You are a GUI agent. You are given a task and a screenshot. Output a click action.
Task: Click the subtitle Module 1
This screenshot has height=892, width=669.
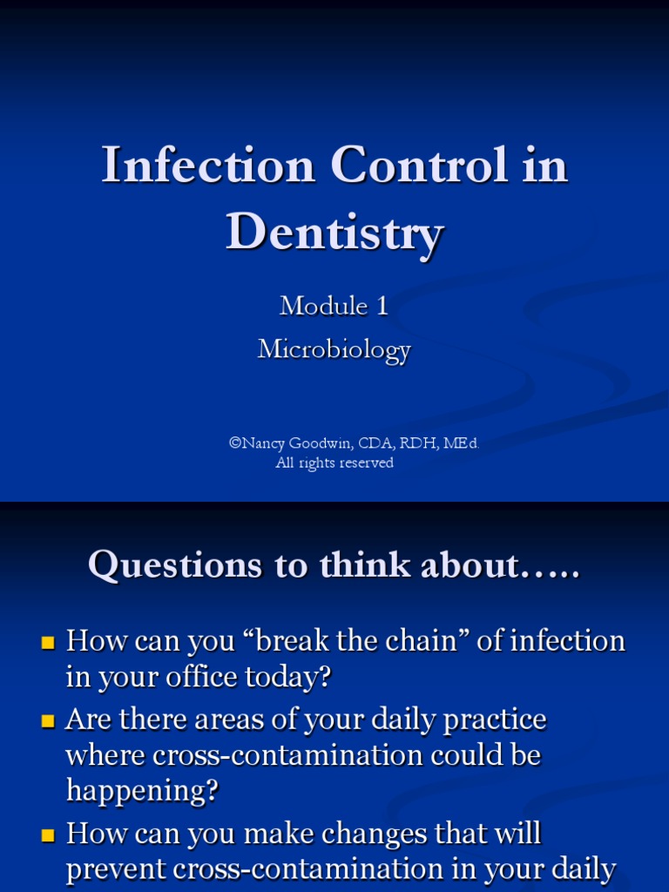(334, 306)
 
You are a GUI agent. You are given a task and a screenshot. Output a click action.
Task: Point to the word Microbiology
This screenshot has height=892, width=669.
(334, 350)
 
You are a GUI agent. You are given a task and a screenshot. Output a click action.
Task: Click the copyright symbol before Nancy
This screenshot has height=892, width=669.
(234, 443)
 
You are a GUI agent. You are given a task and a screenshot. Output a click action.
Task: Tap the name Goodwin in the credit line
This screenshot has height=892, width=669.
(317, 443)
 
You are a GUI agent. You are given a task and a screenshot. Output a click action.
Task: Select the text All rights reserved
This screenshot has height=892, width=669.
(334, 463)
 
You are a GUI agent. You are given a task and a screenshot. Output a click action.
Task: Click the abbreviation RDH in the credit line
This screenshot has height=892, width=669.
(418, 443)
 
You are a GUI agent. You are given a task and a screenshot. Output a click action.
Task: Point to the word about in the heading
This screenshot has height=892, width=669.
(471, 565)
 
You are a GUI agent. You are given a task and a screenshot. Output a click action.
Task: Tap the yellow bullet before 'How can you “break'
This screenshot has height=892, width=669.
(48, 644)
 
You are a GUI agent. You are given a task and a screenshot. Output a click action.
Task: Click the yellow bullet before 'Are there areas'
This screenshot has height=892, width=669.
(48, 722)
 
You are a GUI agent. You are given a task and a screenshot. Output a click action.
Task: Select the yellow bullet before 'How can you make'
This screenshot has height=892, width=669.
(48, 836)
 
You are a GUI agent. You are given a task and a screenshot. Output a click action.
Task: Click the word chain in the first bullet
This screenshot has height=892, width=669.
(414, 641)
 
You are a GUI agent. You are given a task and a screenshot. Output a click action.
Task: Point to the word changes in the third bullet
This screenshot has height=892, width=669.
(380, 834)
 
